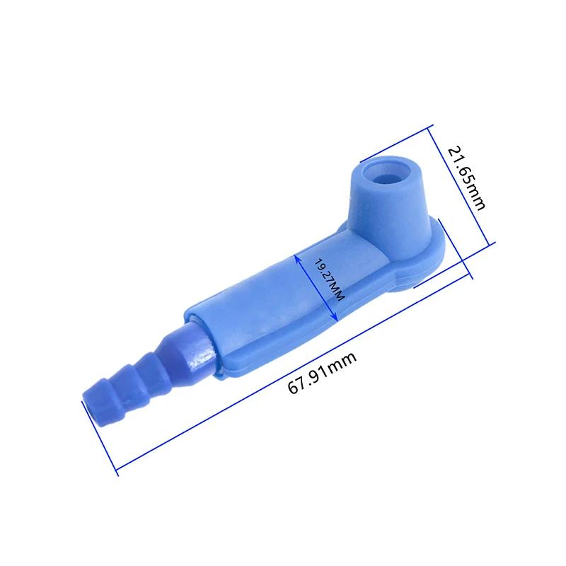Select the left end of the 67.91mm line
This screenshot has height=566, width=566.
[115, 468]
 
